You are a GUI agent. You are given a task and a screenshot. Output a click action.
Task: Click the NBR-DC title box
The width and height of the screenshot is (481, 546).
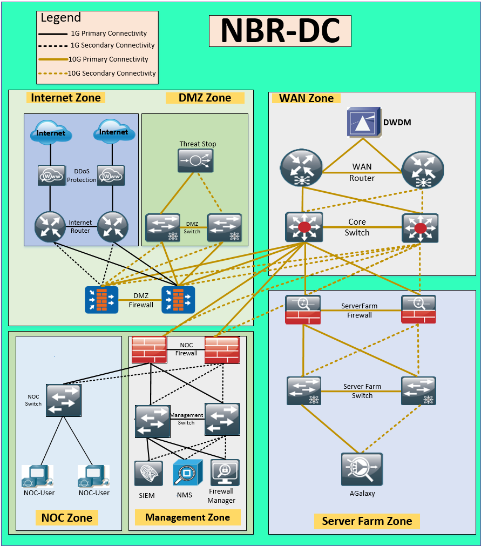280,30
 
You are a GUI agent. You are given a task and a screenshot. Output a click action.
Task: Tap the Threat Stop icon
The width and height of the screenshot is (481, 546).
195,160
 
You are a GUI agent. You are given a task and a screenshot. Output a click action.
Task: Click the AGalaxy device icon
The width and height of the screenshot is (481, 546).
362,469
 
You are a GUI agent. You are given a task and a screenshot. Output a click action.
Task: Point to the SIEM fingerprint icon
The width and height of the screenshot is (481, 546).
148,473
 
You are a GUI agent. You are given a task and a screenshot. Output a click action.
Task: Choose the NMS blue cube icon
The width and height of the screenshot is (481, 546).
187,473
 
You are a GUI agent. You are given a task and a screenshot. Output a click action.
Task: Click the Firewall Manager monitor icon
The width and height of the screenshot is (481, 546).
225,473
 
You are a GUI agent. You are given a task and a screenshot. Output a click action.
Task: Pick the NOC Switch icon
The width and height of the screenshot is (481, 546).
63,400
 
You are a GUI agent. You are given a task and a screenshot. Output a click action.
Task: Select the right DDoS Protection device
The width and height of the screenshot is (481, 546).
111,176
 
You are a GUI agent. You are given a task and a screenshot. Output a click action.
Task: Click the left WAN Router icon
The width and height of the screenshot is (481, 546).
301,168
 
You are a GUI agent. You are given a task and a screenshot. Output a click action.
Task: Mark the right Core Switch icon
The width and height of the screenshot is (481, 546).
420,227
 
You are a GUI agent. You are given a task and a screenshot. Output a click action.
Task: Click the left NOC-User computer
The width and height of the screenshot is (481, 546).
38,476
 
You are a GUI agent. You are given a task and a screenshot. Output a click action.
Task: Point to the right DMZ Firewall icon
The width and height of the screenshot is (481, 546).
178,300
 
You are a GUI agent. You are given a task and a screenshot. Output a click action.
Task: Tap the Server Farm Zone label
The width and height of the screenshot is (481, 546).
367,521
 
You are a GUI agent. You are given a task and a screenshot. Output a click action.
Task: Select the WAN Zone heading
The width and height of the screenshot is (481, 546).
306,98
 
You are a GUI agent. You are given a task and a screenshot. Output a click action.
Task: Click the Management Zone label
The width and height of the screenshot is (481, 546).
187,517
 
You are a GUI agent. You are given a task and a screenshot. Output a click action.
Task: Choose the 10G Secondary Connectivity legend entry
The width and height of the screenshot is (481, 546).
97,73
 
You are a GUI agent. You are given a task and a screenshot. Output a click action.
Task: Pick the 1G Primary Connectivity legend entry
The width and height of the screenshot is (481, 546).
93,33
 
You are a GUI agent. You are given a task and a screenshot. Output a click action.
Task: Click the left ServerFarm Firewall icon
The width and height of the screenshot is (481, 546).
303,309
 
